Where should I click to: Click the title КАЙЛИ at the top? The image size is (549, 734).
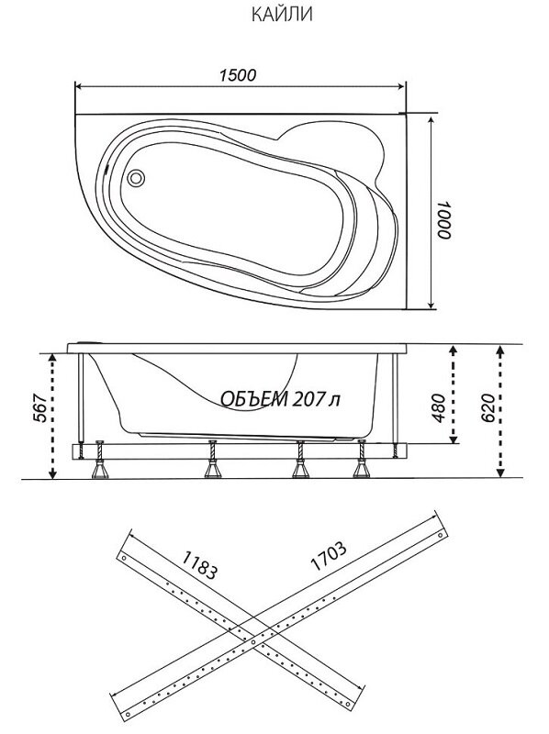tap(282, 15)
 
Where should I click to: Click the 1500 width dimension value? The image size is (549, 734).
tap(239, 75)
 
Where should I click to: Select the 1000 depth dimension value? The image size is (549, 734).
tap(443, 220)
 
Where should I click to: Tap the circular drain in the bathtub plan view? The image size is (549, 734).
tap(136, 177)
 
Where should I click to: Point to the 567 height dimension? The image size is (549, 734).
tap(40, 408)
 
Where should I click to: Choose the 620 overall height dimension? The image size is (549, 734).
tap(487, 407)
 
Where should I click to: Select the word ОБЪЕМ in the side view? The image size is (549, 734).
tap(254, 399)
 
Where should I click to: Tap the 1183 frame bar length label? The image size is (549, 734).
tap(199, 564)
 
